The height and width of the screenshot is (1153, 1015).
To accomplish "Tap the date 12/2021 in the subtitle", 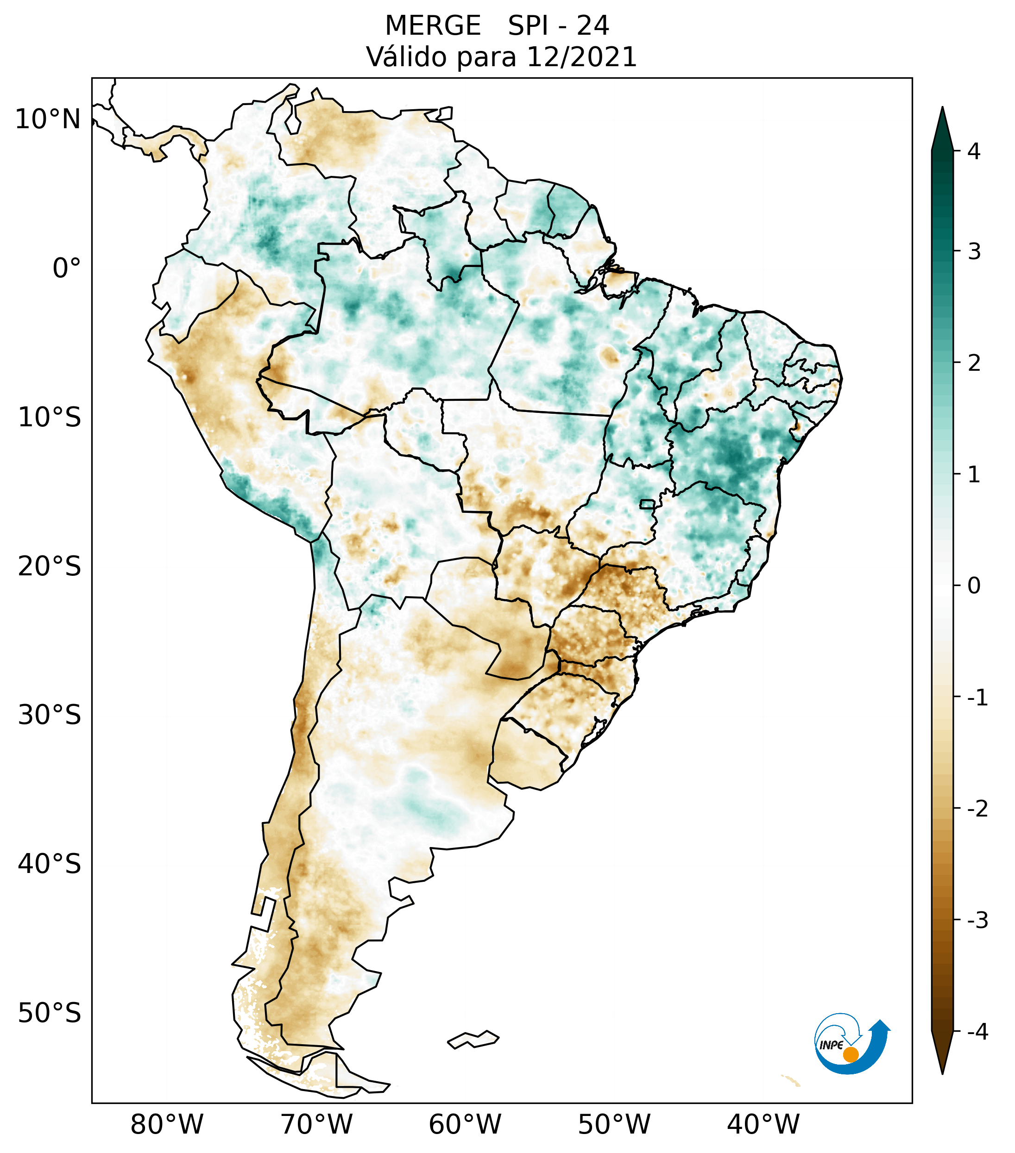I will [x=581, y=57].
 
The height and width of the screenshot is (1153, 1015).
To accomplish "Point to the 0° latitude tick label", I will [x=67, y=268].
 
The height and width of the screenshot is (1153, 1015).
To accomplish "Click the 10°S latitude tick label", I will [x=50, y=418].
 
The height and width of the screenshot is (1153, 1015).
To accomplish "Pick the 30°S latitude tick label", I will [x=50, y=715].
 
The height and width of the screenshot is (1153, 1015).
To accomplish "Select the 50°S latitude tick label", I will [x=50, y=1013].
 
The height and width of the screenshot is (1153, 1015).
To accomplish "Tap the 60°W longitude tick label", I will [x=465, y=1124].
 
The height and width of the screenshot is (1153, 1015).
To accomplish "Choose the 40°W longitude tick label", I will [x=763, y=1124].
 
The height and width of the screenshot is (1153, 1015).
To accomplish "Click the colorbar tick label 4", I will [x=974, y=151].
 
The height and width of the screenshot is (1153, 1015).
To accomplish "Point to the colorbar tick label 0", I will [x=974, y=586].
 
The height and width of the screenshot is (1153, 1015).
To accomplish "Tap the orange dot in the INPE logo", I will [x=851, y=1054].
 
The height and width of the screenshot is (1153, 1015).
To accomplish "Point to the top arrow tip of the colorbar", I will [x=942, y=108].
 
